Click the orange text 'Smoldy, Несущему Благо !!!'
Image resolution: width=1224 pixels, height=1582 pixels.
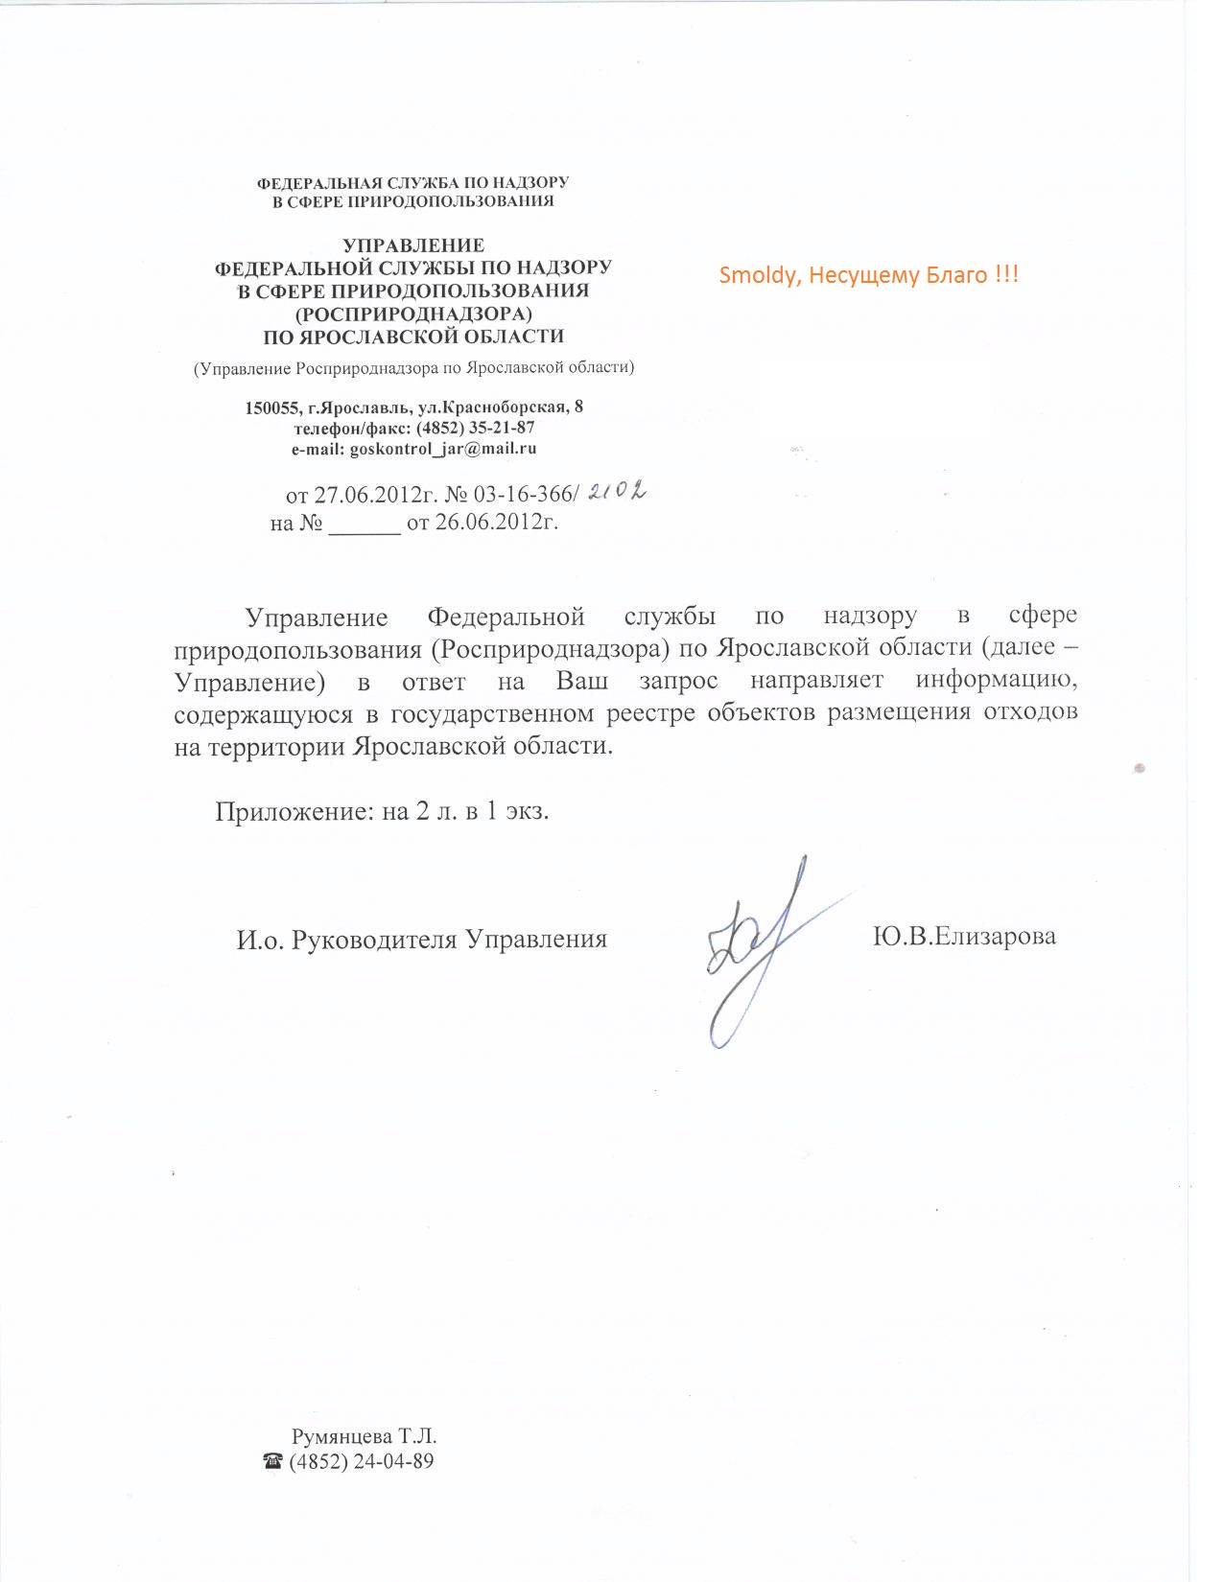(868, 275)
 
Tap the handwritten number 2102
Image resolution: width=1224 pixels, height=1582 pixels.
(616, 492)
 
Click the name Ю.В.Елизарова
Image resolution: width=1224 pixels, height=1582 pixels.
(963, 936)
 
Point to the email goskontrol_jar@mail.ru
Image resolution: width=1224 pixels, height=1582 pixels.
(442, 448)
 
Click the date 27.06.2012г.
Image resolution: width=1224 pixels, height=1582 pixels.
(375, 495)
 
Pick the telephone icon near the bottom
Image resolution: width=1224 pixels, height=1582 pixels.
(273, 1462)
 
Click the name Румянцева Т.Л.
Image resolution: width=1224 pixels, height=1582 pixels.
(364, 1436)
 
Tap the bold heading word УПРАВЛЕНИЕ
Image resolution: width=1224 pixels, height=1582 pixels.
(413, 245)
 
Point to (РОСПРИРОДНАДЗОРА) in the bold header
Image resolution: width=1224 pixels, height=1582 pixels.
(413, 314)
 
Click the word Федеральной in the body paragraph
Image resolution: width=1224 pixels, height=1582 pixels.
(506, 616)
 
